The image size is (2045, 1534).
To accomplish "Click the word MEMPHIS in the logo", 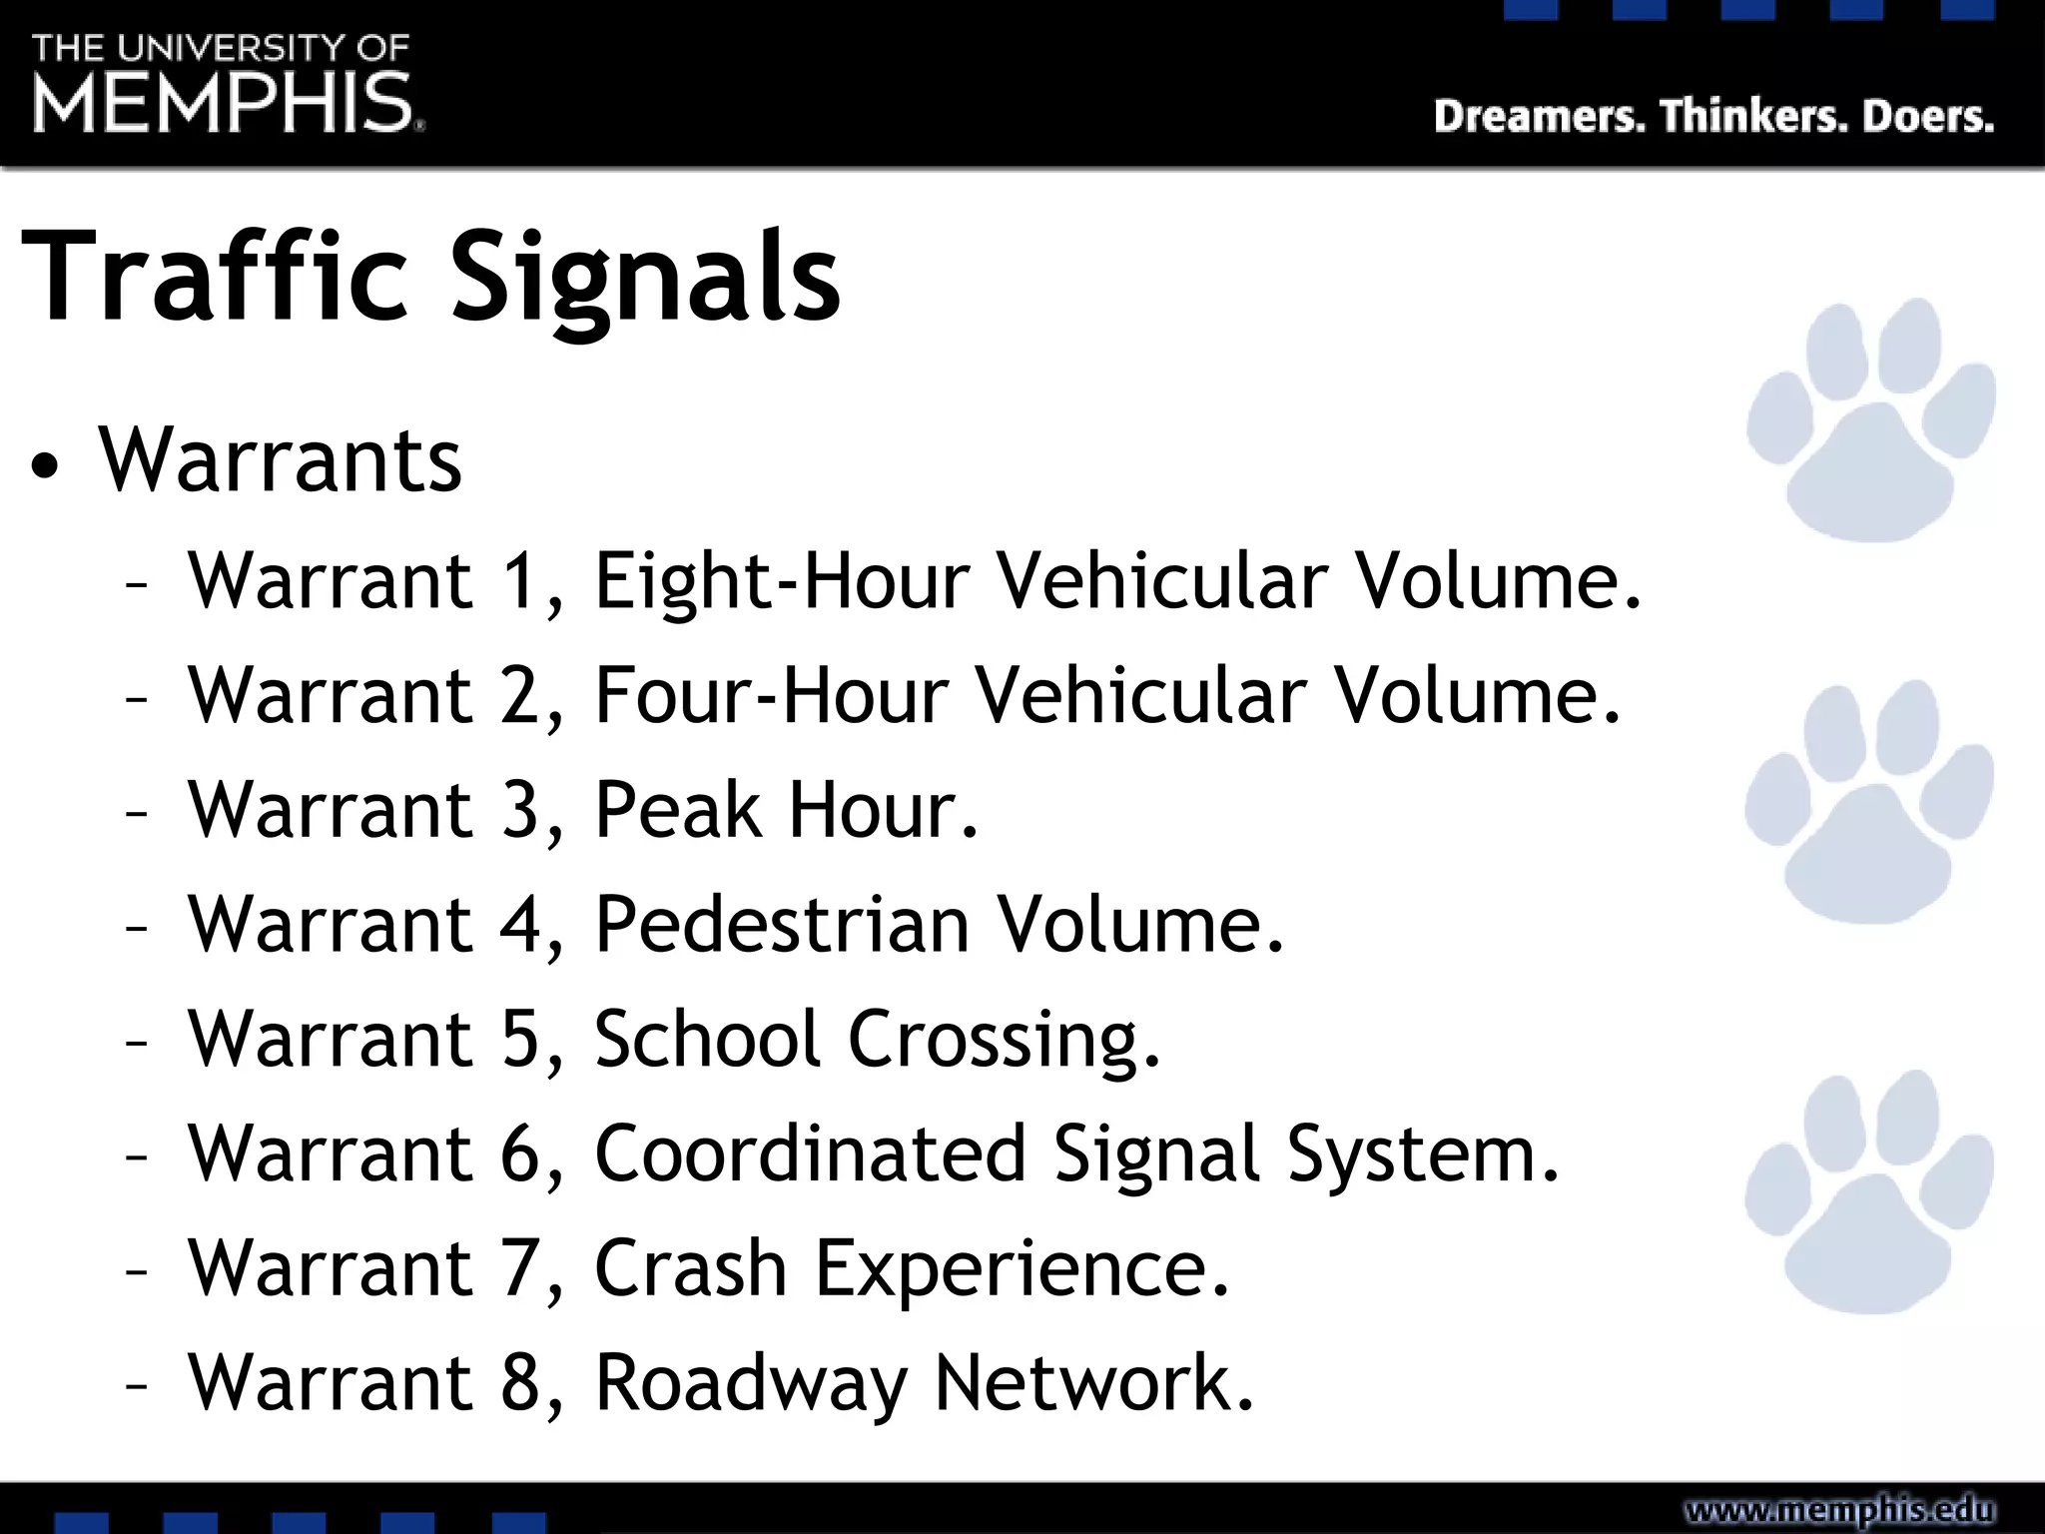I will (x=224, y=103).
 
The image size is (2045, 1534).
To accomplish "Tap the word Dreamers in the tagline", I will (x=1539, y=117).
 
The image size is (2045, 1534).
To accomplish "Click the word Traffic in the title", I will (x=215, y=277).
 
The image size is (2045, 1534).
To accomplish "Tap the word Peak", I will (x=678, y=810).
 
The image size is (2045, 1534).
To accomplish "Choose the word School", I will (x=707, y=1040).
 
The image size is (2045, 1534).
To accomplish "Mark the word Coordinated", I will (x=810, y=1154).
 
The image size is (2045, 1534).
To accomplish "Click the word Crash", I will (x=691, y=1268).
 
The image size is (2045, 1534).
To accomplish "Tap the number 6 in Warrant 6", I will (x=521, y=1154).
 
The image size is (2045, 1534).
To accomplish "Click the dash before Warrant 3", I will (x=137, y=812).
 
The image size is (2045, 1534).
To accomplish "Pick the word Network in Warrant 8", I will (x=1093, y=1383).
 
